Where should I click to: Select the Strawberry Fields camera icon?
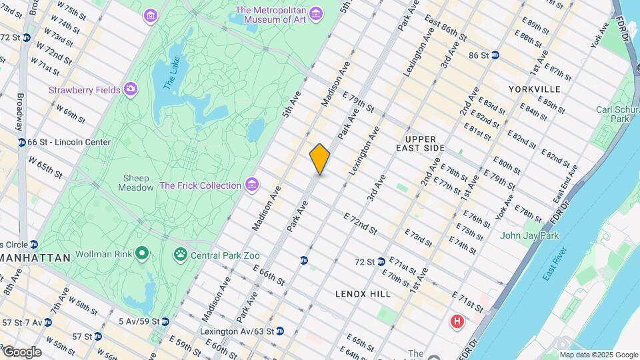pos(131,89)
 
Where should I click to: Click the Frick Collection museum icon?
pos(251,185)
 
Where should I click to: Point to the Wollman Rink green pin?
pos(141,253)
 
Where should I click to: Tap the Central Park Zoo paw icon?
pos(180,254)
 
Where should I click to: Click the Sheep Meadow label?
pos(135,183)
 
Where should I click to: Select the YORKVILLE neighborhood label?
pos(534,89)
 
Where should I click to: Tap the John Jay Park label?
pos(530,235)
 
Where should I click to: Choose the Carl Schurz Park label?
pos(613,114)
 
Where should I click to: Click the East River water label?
pos(554,263)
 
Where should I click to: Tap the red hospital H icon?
pos(457,322)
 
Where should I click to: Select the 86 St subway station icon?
pos(495,55)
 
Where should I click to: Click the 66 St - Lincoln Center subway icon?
pos(21,142)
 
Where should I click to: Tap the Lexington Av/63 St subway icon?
pos(279,331)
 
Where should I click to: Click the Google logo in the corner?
pos(21,352)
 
